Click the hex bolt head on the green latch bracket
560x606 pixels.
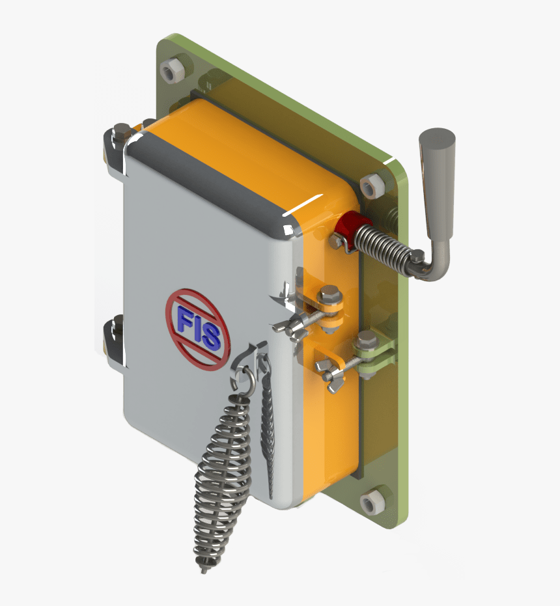point(367,338)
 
